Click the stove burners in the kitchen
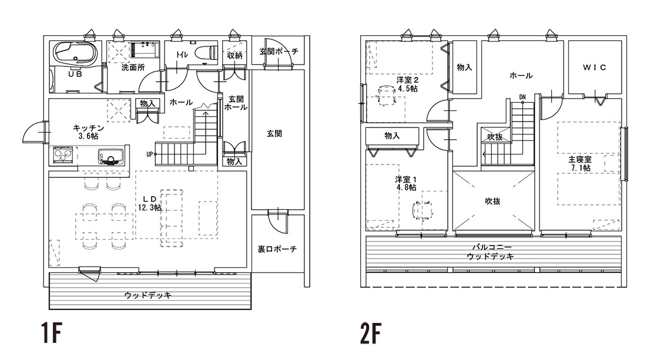point(63,156)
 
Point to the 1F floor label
point(51,334)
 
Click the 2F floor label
point(371,334)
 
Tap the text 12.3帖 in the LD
point(150,207)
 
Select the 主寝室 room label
point(579,159)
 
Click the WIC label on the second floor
point(594,68)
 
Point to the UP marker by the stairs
point(150,154)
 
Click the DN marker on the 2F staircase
point(522,97)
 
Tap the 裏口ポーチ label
point(277,249)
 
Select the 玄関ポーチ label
point(279,52)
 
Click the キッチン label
point(89,128)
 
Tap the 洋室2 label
point(407,80)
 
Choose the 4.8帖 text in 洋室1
point(406,188)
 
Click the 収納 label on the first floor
point(234,55)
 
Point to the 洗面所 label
point(133,68)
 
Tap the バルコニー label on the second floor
point(490,247)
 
